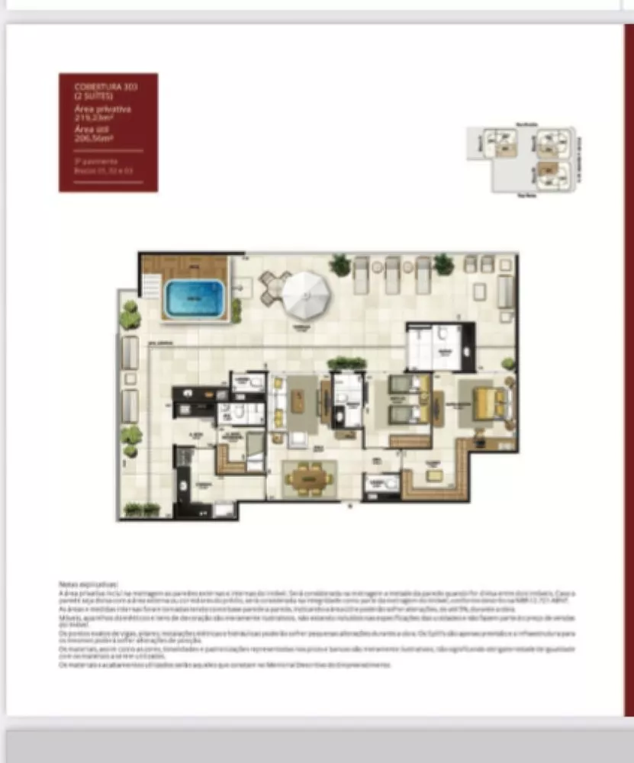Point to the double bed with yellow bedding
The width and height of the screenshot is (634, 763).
point(488,402)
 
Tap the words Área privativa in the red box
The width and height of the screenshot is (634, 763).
point(102,109)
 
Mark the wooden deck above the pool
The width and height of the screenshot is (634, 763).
point(185,267)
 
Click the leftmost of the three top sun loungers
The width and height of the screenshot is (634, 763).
point(361,274)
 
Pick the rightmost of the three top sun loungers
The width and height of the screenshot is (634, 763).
point(423,274)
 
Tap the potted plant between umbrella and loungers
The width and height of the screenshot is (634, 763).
point(340,265)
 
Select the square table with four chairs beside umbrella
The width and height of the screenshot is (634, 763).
point(274,287)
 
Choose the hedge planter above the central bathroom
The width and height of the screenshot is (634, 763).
point(346,363)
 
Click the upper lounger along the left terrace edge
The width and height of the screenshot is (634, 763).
point(130,353)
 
